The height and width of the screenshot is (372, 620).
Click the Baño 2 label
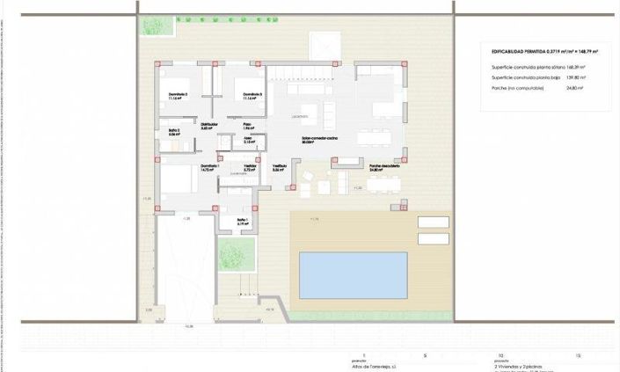(x=174, y=132)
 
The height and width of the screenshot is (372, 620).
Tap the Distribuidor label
(x=209, y=125)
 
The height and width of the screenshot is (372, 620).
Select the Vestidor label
(x=250, y=166)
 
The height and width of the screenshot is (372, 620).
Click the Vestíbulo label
(x=279, y=166)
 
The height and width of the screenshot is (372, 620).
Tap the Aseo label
(x=248, y=138)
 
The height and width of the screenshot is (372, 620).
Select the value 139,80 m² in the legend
(x=576, y=77)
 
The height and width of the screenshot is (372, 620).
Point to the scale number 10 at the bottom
(x=500, y=355)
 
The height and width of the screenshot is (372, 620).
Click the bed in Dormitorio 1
(x=178, y=180)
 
